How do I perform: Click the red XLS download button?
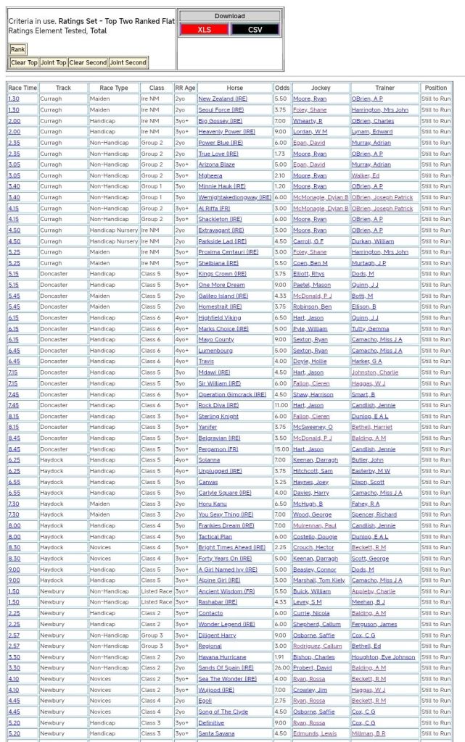tap(205, 29)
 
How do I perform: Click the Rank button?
tap(17, 49)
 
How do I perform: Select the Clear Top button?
tap(24, 63)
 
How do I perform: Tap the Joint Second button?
tap(128, 63)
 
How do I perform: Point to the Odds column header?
tap(282, 88)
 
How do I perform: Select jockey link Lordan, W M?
tap(310, 132)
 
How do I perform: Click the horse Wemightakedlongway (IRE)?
tap(234, 197)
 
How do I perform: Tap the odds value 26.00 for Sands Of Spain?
tap(281, 668)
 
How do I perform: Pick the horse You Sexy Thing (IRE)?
tap(226, 514)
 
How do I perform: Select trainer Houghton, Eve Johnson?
tap(383, 657)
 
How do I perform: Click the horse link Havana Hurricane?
tap(222, 657)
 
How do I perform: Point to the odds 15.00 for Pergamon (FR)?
tap(281, 449)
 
